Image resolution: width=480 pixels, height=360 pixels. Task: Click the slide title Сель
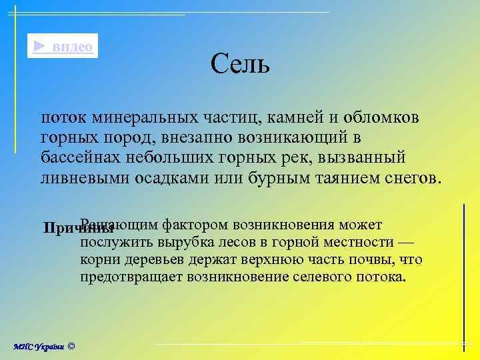click(x=240, y=65)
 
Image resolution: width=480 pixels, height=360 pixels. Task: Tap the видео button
click(x=63, y=46)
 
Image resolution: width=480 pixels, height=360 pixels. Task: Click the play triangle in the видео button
click(x=40, y=46)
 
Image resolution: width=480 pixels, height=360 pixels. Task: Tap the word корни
click(x=101, y=259)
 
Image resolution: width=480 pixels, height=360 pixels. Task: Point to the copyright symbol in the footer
click(x=71, y=346)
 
